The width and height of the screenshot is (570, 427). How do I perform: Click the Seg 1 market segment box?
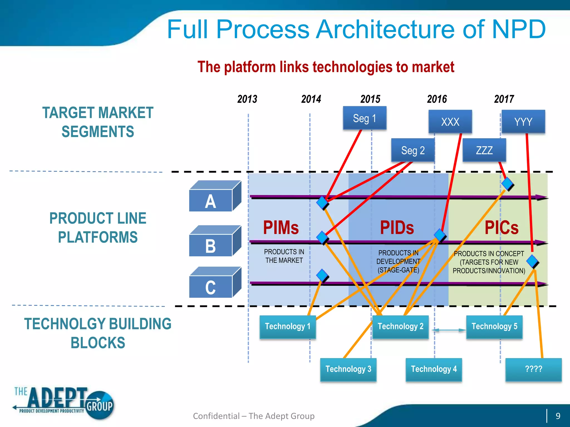coord(365,118)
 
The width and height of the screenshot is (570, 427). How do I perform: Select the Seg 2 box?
coord(413,150)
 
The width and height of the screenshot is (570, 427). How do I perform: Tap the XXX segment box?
coord(450,122)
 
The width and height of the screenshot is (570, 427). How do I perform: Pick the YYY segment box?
coord(523,122)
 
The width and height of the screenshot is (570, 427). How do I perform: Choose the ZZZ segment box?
coord(484,150)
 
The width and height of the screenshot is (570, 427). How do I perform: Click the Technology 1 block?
coord(288,327)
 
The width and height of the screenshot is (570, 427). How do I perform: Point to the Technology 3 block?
coord(348,369)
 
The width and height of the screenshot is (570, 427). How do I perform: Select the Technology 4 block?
coord(434,369)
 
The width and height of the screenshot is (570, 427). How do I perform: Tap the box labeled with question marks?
coord(533,369)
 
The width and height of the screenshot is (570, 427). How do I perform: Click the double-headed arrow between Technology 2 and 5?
coord(449,330)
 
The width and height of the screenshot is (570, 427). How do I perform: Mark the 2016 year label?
coord(437,99)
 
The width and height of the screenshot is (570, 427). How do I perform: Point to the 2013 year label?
coord(247,99)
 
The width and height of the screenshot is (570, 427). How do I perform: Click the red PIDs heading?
coord(397,228)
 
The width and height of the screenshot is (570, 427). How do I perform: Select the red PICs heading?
coord(502,228)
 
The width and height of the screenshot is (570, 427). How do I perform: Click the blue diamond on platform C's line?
coord(322,275)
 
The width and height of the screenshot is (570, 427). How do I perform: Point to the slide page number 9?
coord(558,416)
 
